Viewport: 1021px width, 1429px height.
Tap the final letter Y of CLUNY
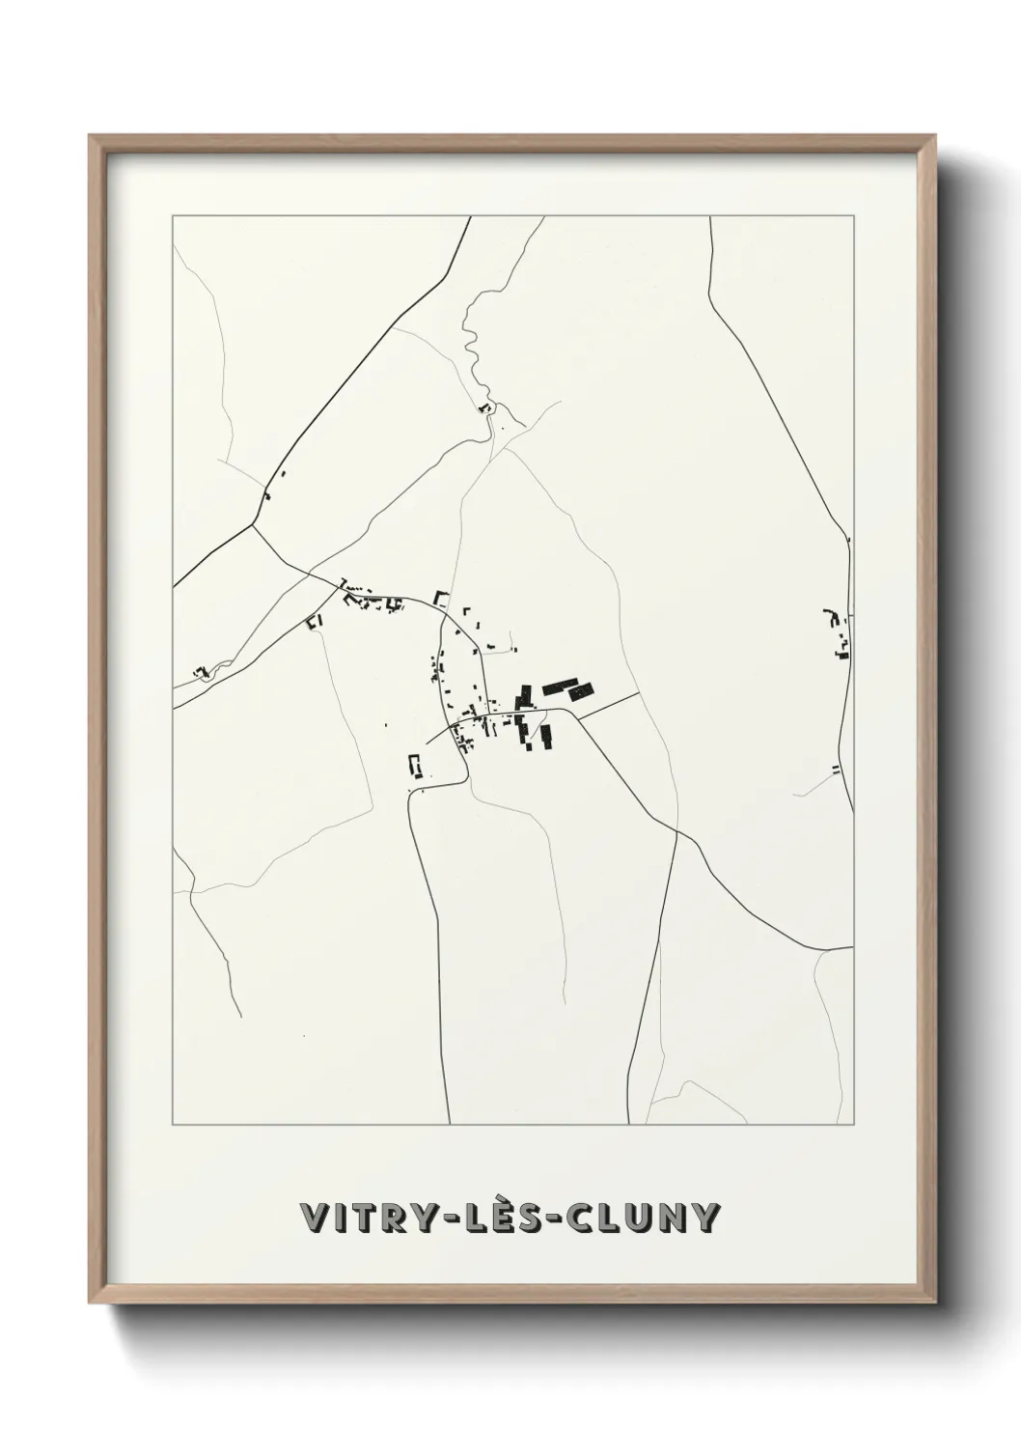(x=705, y=1218)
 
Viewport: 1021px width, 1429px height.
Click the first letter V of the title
(x=314, y=1218)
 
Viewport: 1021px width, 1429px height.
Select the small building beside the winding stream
(x=486, y=408)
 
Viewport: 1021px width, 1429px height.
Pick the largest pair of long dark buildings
(x=567, y=689)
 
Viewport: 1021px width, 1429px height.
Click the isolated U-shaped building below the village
(x=416, y=766)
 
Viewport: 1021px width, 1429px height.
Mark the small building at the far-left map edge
(x=202, y=671)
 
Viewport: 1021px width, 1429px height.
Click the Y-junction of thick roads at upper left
(x=253, y=525)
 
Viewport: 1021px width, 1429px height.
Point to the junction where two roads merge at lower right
(x=677, y=831)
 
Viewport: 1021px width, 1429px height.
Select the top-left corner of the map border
(x=173, y=216)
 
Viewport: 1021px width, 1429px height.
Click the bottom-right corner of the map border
(x=854, y=1125)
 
